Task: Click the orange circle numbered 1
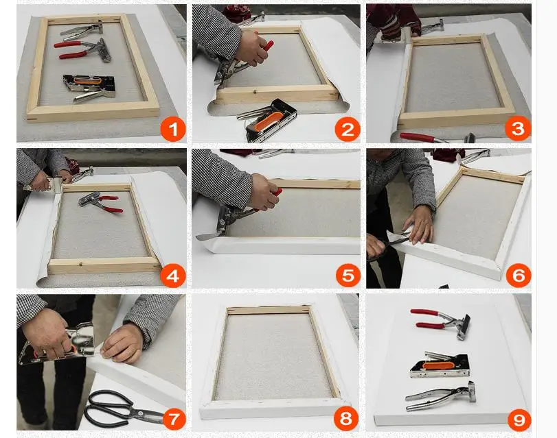click(x=173, y=129)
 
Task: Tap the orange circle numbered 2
click(x=348, y=129)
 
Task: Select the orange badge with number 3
click(x=518, y=128)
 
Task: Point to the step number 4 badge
click(x=173, y=275)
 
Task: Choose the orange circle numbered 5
click(x=348, y=275)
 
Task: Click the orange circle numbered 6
click(x=519, y=275)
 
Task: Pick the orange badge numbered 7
click(x=174, y=419)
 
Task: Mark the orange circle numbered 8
click(x=346, y=419)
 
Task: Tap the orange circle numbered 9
click(x=519, y=420)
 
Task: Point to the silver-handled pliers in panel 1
click(x=82, y=29)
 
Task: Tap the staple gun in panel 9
click(x=440, y=365)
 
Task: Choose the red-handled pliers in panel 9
click(x=442, y=323)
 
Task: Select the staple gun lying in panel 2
click(x=269, y=121)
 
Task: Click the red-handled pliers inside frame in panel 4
click(x=100, y=202)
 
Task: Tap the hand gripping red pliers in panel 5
click(x=264, y=191)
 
